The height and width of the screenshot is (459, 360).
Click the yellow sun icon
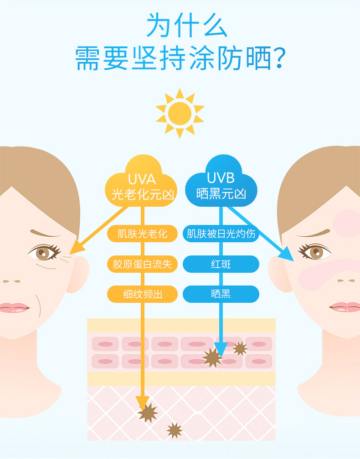[180, 113]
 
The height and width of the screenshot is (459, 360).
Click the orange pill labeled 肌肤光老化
[142, 234]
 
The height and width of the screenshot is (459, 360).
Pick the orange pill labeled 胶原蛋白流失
[142, 264]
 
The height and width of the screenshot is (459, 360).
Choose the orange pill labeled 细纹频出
[142, 294]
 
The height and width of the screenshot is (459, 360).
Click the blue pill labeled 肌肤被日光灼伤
[221, 234]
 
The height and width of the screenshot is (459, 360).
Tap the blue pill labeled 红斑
[221, 264]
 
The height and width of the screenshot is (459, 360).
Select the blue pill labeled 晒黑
[221, 294]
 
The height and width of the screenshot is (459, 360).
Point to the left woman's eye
[44, 251]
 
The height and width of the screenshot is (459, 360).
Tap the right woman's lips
[345, 307]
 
